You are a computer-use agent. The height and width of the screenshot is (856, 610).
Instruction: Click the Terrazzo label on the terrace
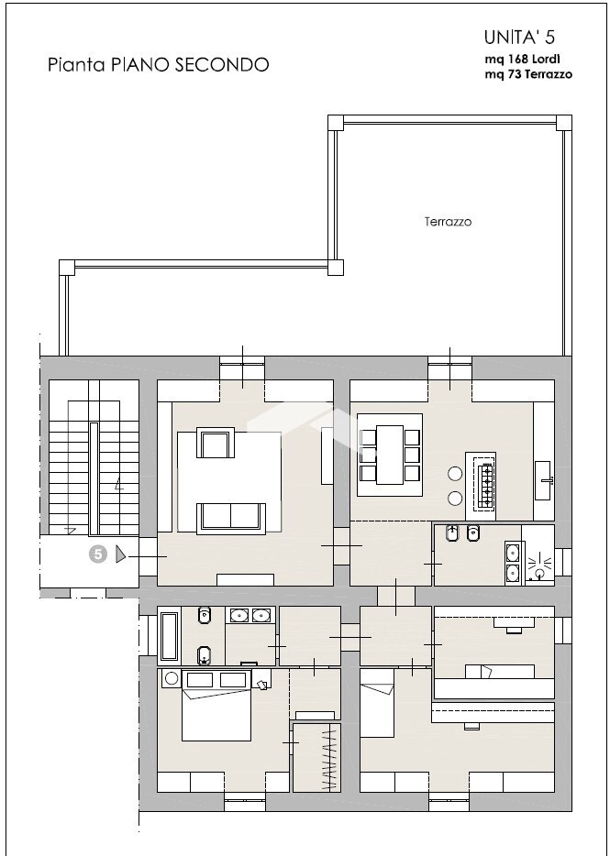(448, 222)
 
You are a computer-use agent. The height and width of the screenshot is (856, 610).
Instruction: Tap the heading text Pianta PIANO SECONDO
(159, 64)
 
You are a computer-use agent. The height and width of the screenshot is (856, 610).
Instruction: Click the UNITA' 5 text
(519, 38)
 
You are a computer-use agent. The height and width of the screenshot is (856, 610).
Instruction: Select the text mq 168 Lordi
(522, 59)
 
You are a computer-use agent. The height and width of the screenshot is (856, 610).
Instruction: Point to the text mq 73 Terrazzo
(528, 74)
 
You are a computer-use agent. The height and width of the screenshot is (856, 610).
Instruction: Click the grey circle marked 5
(98, 554)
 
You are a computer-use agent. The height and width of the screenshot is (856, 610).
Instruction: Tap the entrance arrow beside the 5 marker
(121, 555)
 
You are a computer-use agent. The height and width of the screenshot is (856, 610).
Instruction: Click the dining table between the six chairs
(390, 455)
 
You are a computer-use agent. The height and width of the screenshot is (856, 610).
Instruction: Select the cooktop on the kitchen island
(485, 486)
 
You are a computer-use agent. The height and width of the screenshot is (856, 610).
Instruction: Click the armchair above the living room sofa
(216, 443)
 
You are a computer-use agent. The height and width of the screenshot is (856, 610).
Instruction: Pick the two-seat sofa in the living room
(231, 516)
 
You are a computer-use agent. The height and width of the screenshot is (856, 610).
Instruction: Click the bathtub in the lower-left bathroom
(169, 636)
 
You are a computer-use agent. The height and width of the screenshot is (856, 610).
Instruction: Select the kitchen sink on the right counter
(543, 480)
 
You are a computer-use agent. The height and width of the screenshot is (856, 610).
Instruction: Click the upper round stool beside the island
(455, 474)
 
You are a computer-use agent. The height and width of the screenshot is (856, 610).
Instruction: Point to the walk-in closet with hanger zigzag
(316, 757)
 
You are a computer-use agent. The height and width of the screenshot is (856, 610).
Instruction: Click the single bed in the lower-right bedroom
(377, 703)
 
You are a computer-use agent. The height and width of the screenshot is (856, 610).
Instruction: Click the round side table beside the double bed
(172, 678)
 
